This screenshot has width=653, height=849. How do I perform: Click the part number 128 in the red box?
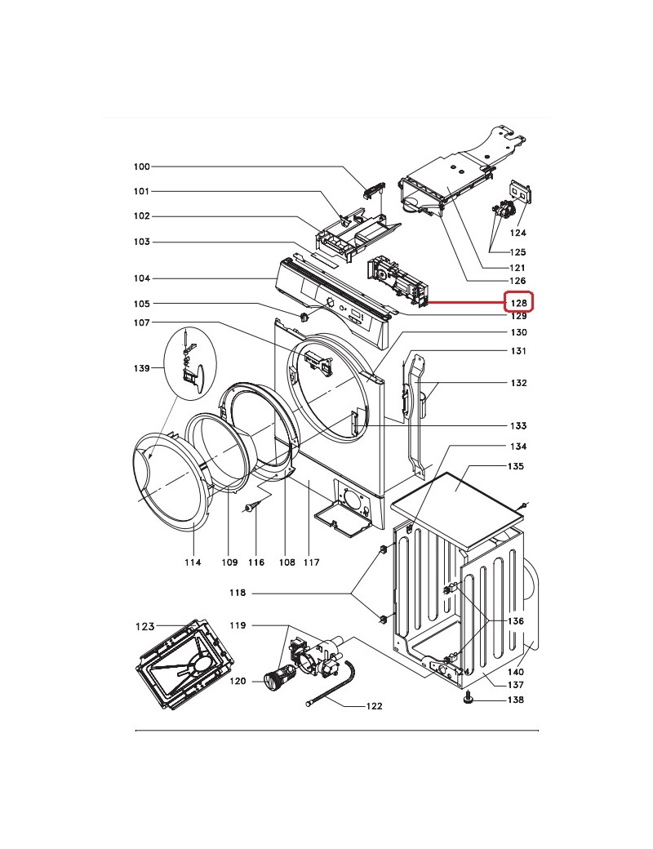click(x=518, y=303)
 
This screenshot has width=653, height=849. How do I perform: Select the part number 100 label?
click(x=142, y=167)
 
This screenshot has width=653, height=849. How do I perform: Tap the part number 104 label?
click(x=142, y=278)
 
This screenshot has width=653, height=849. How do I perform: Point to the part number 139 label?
click(x=142, y=368)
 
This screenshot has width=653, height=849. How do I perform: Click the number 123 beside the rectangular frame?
click(x=145, y=626)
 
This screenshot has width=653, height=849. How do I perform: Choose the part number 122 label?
click(x=374, y=706)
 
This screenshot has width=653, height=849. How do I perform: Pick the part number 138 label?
click(x=516, y=700)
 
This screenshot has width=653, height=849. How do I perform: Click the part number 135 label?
click(x=516, y=466)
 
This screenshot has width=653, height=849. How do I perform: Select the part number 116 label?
click(x=256, y=562)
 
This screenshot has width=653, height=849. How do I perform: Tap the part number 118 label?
click(x=238, y=593)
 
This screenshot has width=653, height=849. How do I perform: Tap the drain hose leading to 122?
click(x=331, y=683)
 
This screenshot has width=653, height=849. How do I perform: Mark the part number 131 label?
click(x=518, y=351)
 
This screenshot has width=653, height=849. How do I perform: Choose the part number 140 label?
click(x=516, y=672)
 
